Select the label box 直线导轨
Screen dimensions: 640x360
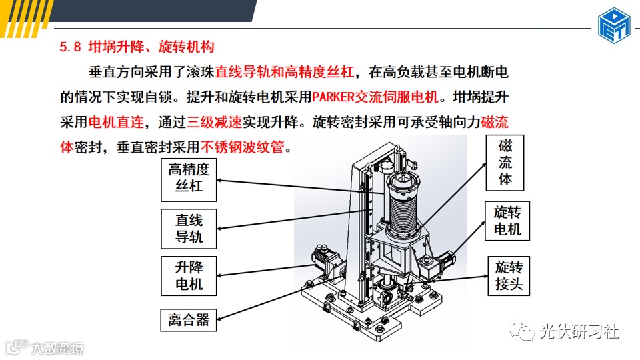(189, 229)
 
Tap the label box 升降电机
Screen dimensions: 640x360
(189, 276)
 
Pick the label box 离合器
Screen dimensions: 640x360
(189, 320)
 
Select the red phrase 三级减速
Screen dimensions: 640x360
(210, 122)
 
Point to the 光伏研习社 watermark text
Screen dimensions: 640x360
(579, 331)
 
